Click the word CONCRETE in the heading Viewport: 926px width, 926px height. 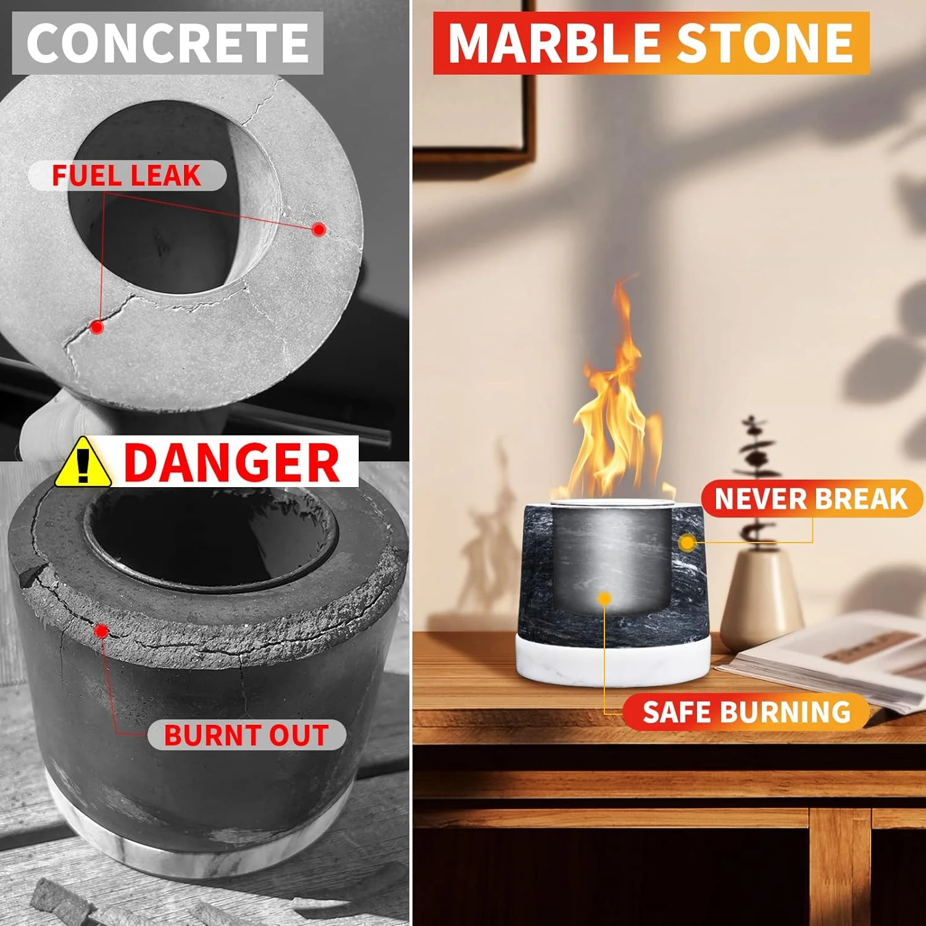click(x=167, y=43)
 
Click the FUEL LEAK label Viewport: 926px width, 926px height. click(x=127, y=176)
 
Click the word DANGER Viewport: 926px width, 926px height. click(x=232, y=463)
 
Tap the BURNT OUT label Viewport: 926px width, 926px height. click(x=246, y=735)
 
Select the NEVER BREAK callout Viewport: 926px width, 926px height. click(x=811, y=499)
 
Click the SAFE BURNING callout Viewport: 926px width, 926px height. click(x=746, y=712)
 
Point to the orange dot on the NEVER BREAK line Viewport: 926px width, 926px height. click(x=687, y=543)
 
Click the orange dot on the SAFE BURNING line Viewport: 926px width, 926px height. click(x=604, y=598)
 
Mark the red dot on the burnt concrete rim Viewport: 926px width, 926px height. click(x=102, y=631)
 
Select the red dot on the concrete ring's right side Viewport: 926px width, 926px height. click(x=319, y=230)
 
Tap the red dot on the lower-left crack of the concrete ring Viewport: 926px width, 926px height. click(x=96, y=327)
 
